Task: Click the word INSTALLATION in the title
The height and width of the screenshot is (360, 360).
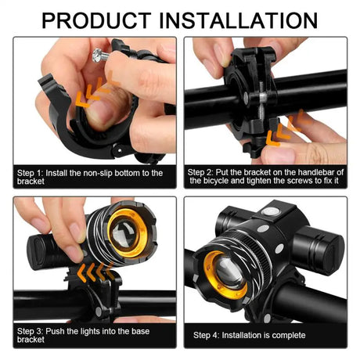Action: tap(240, 19)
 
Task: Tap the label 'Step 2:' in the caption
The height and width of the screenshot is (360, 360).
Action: tap(205, 171)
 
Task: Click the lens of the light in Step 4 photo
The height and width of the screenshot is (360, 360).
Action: tap(228, 272)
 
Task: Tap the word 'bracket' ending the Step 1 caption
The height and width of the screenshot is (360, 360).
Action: tap(30, 182)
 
